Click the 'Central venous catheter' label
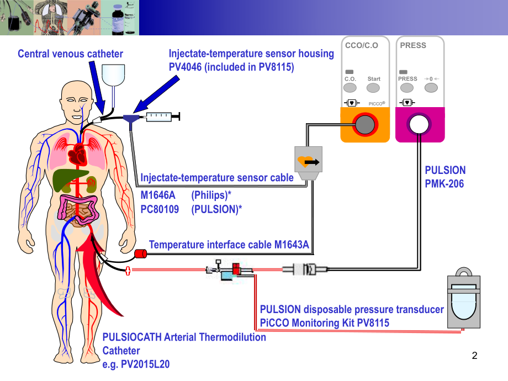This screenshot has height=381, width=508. (x=70, y=54)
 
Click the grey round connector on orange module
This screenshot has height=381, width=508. (x=365, y=125)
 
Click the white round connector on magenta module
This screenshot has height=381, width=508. (x=419, y=125)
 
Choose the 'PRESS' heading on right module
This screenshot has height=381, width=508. (x=413, y=45)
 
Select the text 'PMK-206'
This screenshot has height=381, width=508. (x=444, y=183)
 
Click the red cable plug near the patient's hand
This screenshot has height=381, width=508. (x=140, y=255)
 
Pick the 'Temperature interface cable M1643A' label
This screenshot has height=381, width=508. (x=229, y=245)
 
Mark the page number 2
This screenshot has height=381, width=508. (x=474, y=357)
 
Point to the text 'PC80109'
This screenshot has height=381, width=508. (x=160, y=209)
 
